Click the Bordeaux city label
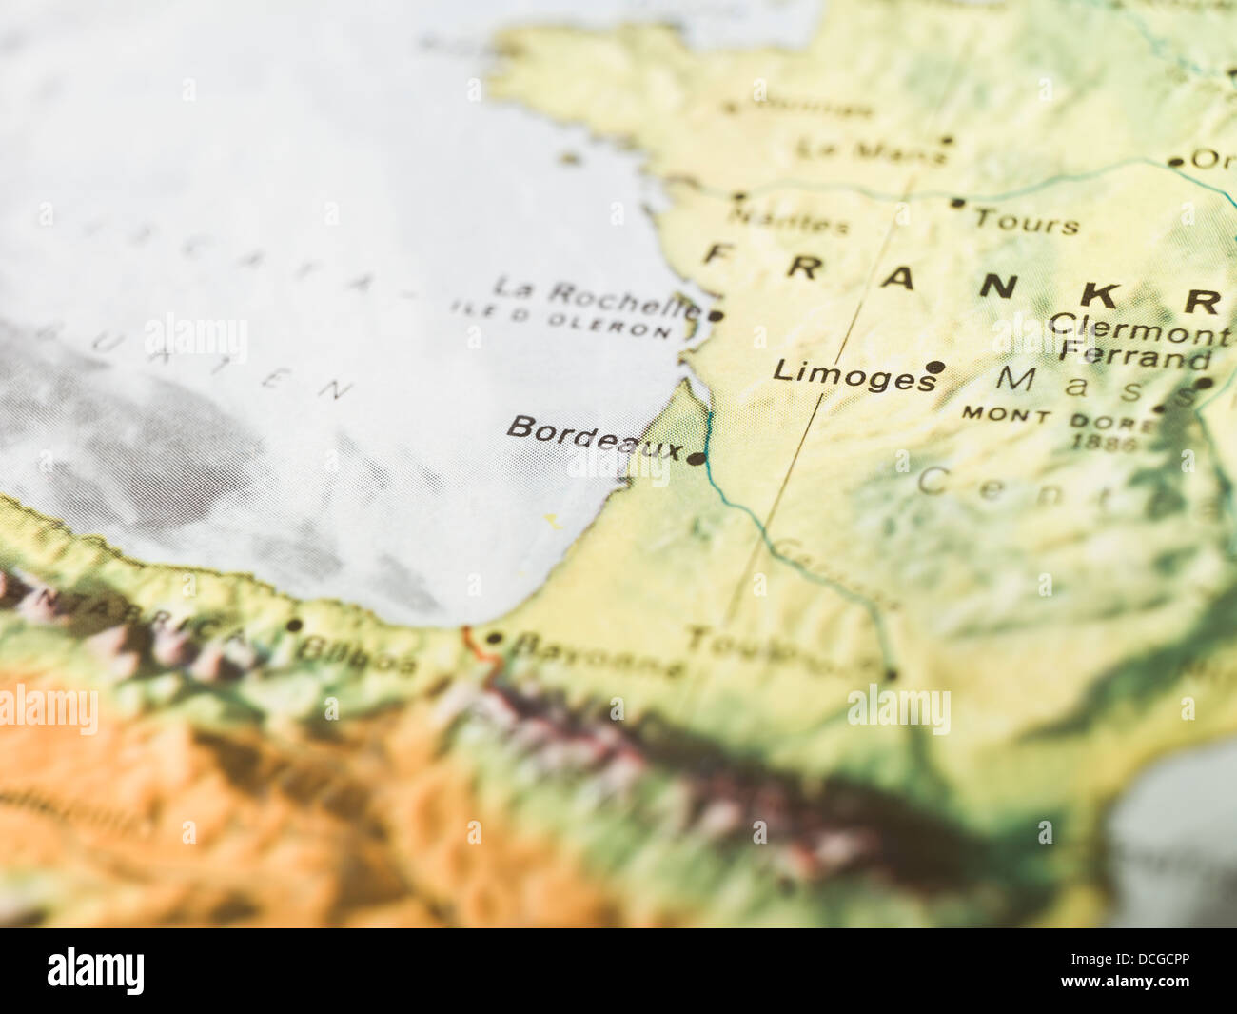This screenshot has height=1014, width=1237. [594, 437]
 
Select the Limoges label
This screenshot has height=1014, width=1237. [854, 374]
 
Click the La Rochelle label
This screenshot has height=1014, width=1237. [597, 297]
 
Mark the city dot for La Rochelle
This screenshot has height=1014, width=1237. [716, 315]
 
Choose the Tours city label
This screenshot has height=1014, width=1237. [1027, 222]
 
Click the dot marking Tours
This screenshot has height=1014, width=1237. [956, 203]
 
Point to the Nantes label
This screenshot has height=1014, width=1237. [788, 221]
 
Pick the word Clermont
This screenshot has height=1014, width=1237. [1139, 328]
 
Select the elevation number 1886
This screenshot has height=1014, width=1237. [1104, 442]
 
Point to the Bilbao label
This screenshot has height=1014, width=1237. [356, 655]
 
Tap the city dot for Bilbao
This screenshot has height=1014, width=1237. [294, 626]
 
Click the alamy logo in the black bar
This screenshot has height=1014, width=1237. [95, 971]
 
